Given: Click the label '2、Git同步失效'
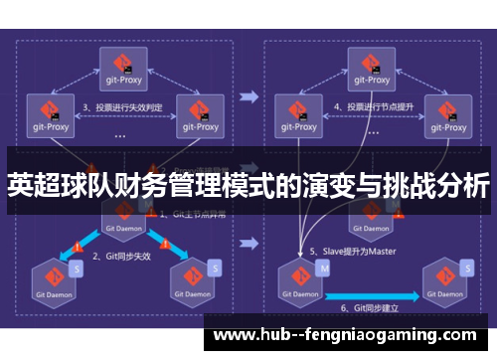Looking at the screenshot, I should point(123,256).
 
